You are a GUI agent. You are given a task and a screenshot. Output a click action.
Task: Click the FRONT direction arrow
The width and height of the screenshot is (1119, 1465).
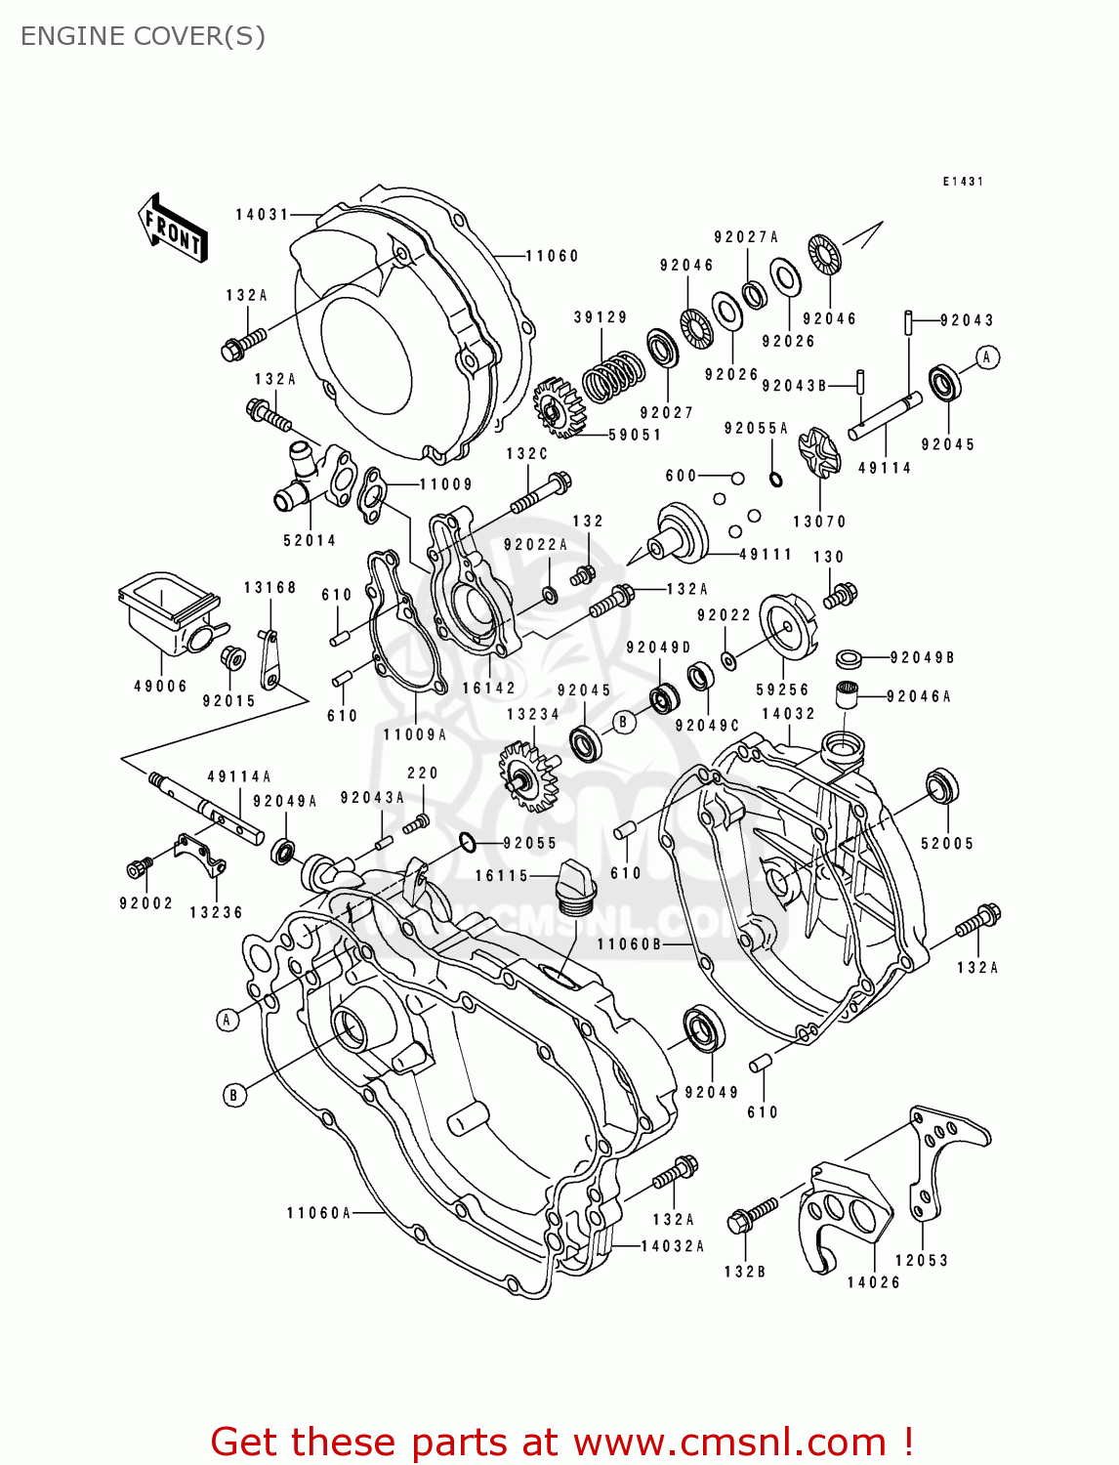tap(173, 230)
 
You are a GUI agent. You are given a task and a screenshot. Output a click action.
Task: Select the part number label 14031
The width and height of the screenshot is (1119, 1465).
tap(262, 214)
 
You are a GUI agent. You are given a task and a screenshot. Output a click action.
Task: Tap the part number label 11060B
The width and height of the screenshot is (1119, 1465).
tap(630, 943)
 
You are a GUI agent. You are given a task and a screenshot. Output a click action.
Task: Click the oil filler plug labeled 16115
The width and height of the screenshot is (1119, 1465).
tap(575, 887)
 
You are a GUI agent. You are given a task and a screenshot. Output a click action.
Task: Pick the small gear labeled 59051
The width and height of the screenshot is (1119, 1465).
tap(559, 407)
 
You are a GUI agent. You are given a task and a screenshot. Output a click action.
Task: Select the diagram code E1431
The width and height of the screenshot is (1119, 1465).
tap(962, 182)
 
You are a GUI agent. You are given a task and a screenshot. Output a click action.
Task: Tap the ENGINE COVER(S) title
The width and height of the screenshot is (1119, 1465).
tap(143, 36)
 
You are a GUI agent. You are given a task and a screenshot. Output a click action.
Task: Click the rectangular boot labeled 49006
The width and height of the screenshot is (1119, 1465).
tap(166, 614)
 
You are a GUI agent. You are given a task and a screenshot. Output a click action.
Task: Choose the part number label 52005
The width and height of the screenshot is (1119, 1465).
tap(947, 843)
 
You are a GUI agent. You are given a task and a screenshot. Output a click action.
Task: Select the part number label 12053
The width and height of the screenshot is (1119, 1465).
tap(922, 1260)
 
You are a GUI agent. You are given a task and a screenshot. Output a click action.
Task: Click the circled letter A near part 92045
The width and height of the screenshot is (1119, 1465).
tap(987, 357)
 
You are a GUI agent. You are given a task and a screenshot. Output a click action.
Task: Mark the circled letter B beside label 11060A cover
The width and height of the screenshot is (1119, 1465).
tap(233, 1095)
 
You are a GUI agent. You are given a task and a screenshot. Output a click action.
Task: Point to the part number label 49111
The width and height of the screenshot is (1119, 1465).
tap(766, 554)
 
